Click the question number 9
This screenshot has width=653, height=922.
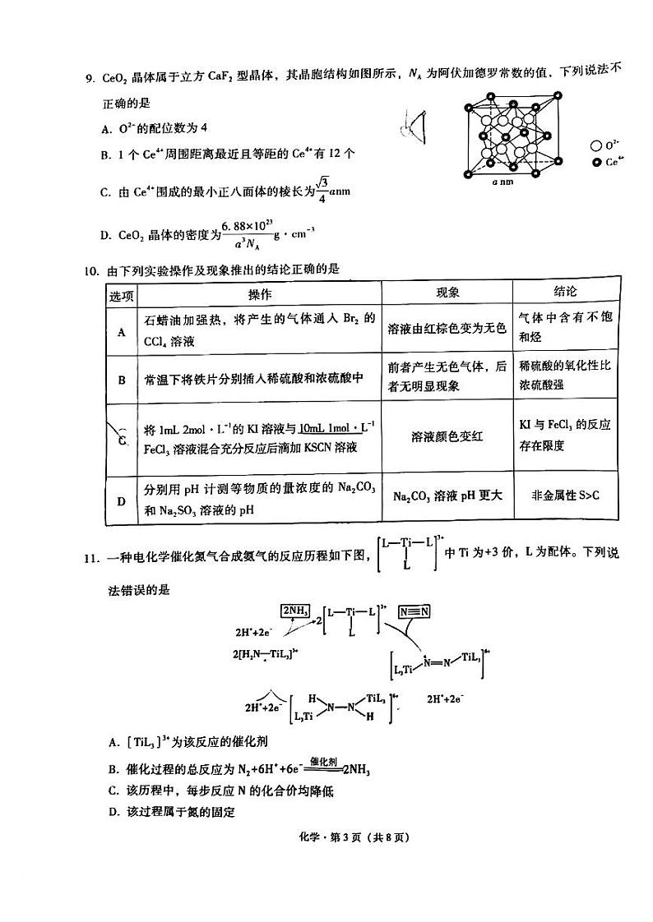point(92,80)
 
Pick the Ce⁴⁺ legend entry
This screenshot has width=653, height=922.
point(607,162)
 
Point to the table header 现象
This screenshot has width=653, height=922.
point(447,293)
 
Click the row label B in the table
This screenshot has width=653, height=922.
point(122,380)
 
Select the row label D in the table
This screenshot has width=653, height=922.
point(122,500)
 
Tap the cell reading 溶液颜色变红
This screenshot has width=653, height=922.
point(447,436)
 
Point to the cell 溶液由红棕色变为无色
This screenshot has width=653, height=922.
point(447,328)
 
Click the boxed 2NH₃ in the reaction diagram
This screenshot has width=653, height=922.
point(296,611)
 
